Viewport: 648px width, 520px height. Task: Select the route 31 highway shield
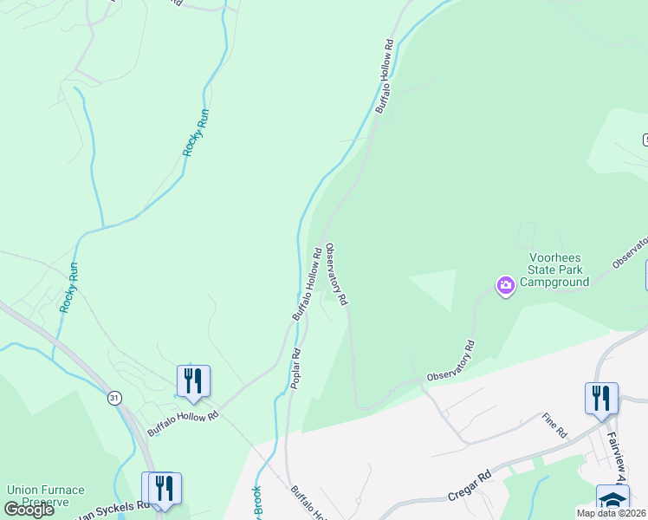coord(114,398)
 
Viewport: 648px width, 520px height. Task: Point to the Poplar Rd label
coord(295,369)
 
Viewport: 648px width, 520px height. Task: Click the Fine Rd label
coord(554,426)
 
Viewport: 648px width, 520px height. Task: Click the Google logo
coord(29,510)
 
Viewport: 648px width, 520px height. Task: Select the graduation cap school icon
coord(612,500)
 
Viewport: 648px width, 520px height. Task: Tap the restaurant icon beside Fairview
coord(601,398)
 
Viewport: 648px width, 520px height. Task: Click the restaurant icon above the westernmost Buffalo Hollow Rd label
coord(193,380)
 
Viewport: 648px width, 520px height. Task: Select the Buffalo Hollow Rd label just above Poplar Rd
coord(308,284)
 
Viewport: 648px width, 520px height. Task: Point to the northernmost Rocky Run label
coord(196,132)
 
